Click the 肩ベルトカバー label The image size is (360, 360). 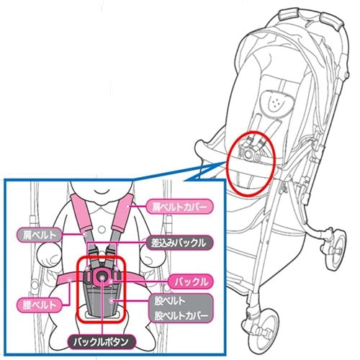pyautogui.click(x=179, y=207)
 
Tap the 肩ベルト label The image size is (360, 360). pyautogui.click(x=40, y=235)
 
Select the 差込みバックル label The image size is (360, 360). pyautogui.click(x=179, y=243)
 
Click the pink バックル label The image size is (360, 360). pyautogui.click(x=191, y=282)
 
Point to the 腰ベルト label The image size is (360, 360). pyautogui.click(x=40, y=305)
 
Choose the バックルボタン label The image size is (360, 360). pyautogui.click(x=102, y=342)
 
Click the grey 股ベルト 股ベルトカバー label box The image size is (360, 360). pyautogui.click(x=181, y=308)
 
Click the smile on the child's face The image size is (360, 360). pyautogui.click(x=102, y=192)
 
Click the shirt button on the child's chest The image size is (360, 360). pyautogui.click(x=102, y=230)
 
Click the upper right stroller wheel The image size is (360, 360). pyautogui.click(x=336, y=250)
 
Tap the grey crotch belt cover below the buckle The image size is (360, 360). pyautogui.click(x=102, y=300)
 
